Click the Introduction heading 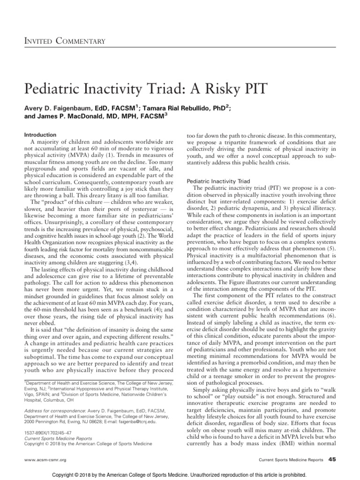click(40, 135)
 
